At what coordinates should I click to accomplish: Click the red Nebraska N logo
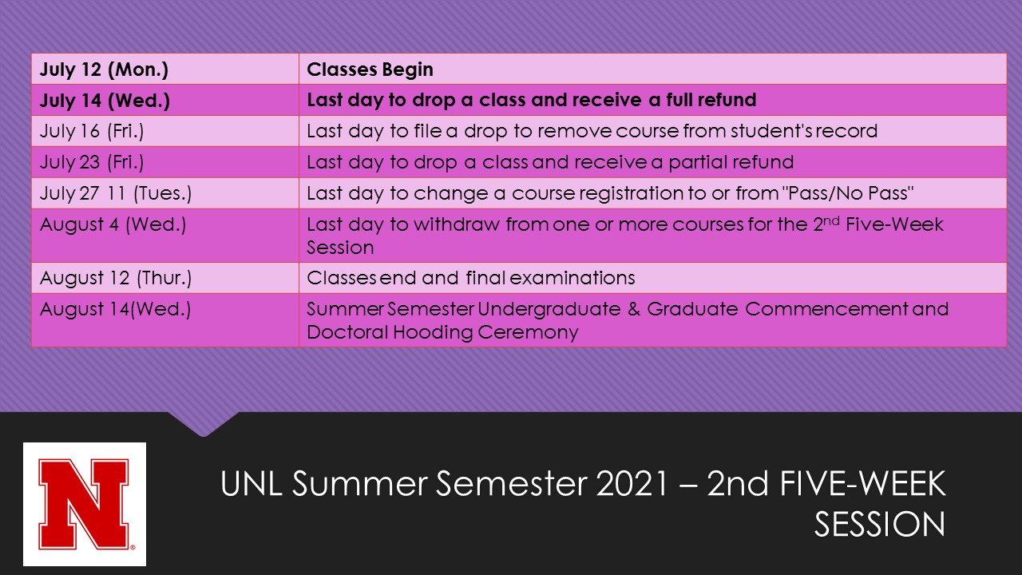click(85, 504)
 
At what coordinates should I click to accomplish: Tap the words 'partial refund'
click(731, 162)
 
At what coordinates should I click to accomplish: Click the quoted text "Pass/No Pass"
click(848, 193)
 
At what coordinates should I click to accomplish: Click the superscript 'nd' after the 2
click(831, 221)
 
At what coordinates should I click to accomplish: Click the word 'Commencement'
click(826, 309)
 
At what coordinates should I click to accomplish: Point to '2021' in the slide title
click(632, 483)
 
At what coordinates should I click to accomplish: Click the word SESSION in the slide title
click(880, 525)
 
